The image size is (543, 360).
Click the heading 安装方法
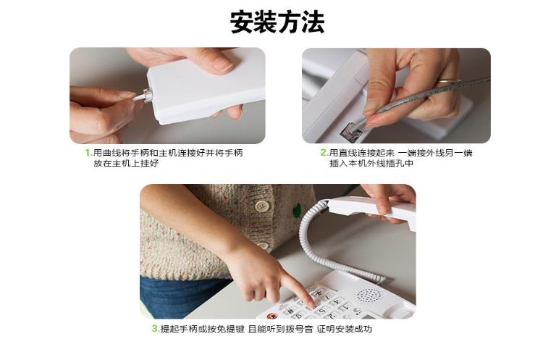coord(277,22)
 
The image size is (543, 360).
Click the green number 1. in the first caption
coord(88,152)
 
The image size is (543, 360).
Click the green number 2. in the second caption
coord(324,152)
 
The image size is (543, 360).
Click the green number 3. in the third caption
coord(156,328)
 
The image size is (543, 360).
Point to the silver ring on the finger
coord(447,82)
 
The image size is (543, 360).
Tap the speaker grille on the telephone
coord(369,296)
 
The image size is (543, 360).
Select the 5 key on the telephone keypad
coord(321,311)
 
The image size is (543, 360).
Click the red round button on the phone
coord(272,316)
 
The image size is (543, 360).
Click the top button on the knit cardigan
coord(262,206)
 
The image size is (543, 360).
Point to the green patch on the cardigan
coord(297,210)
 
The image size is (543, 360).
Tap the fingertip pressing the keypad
coord(311,304)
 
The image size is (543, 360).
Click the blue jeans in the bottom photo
coord(180,296)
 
